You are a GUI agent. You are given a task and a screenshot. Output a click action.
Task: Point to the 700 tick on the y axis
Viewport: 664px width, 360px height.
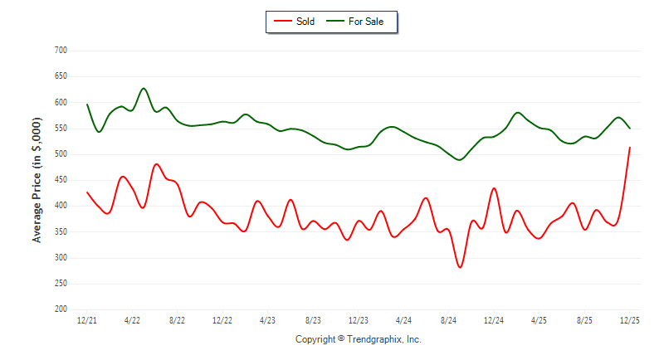click(61, 51)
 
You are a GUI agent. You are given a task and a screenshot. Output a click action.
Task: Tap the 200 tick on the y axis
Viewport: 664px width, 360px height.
click(61, 309)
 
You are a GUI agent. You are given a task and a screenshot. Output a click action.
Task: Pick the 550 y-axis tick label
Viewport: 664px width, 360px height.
click(61, 129)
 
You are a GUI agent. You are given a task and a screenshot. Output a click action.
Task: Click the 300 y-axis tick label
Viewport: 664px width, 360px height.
click(61, 258)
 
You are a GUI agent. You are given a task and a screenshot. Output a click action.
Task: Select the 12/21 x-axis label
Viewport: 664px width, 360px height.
click(87, 319)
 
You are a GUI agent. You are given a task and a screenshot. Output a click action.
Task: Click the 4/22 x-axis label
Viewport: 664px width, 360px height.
click(132, 319)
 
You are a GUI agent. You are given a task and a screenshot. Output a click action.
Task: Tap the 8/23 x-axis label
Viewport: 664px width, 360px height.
click(313, 319)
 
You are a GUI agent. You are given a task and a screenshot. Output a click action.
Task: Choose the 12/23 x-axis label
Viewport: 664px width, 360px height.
click(359, 319)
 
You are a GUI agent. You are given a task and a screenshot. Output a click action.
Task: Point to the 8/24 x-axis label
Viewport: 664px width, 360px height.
click(449, 319)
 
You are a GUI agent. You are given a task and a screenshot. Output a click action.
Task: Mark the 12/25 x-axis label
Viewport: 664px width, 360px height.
click(630, 319)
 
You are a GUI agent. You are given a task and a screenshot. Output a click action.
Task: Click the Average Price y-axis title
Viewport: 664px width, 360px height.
click(37, 180)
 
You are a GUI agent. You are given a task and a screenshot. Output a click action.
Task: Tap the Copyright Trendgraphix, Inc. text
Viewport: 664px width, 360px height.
click(359, 339)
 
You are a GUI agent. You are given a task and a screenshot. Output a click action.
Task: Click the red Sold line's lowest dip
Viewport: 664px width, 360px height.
click(460, 267)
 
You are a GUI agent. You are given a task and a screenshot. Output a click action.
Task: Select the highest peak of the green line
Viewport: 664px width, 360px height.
click(144, 88)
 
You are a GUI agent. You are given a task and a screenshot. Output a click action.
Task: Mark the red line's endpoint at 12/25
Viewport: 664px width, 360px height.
click(630, 148)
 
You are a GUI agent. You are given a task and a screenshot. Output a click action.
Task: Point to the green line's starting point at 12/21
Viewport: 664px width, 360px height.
click(87, 105)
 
